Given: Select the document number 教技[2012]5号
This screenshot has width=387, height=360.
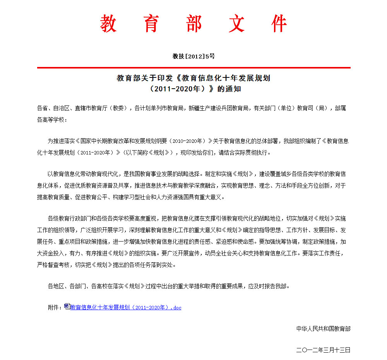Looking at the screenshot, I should point(193,56).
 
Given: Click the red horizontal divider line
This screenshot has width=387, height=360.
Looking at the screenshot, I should point(193,68).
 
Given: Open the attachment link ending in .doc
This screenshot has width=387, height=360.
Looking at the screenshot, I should point(126,308).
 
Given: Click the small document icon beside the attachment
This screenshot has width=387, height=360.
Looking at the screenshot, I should point(67,306).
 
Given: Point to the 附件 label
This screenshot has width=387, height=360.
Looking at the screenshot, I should point(54,308).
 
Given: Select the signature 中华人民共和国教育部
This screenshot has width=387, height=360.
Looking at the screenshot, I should point(323,329).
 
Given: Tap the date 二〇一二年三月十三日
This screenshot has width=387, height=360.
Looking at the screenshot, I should point(323,350).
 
